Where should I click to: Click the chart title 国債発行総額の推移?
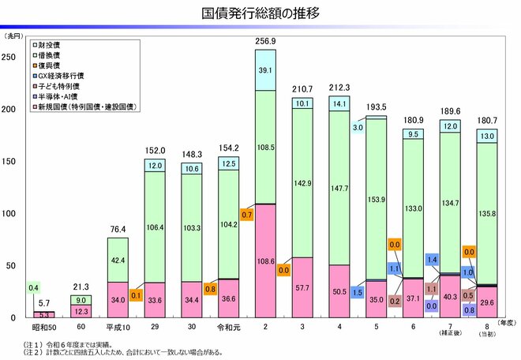tap(260, 13)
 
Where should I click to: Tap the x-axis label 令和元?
tap(229, 326)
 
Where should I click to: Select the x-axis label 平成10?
tap(118, 326)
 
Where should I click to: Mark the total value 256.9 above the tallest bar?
tap(266, 41)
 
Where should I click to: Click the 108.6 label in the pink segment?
tap(266, 260)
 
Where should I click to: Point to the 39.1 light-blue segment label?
tap(266, 70)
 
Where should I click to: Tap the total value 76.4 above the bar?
tap(118, 228)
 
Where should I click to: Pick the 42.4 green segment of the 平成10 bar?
tap(118, 260)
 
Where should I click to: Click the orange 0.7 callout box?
tap(246, 214)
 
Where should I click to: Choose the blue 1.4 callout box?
tap(432, 259)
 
